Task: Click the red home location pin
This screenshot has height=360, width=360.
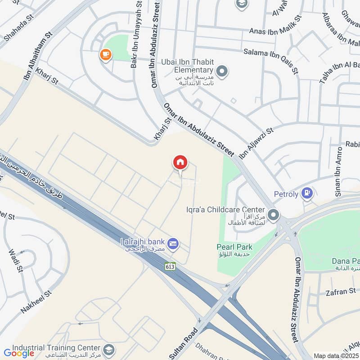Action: (180, 162)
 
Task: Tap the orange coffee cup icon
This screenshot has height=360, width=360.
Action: (106, 55)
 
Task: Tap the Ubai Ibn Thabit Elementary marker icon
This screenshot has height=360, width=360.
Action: (221, 71)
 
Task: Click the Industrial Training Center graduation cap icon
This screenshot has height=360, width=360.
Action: (108, 349)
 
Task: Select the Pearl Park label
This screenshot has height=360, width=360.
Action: (234, 247)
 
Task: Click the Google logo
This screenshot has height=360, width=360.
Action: (19, 353)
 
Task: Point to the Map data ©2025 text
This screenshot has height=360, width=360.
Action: (336, 356)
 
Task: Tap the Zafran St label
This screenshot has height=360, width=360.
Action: (341, 292)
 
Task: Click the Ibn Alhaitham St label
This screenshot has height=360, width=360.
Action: (38, 56)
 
